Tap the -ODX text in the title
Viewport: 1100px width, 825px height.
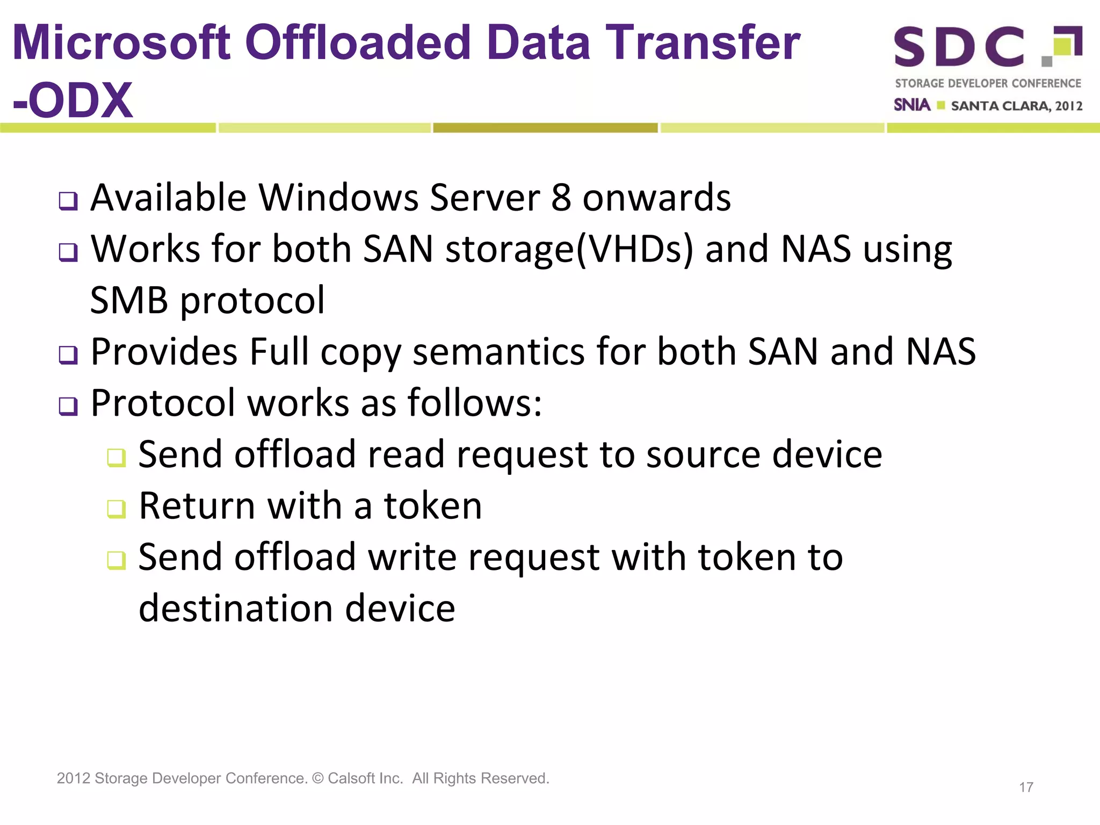coord(73,100)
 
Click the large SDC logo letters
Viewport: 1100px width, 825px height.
coord(959,47)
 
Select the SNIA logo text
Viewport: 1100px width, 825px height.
coord(911,105)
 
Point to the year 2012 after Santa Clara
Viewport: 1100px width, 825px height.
coord(1068,106)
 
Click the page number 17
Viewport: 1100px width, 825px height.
coord(1026,787)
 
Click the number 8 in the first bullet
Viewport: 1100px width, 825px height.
coord(561,198)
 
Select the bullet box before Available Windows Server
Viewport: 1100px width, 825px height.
coord(68,201)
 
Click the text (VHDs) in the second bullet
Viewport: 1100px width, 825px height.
coord(634,249)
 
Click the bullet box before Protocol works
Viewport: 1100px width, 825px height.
coord(68,407)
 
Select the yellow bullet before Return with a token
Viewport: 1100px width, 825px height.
coord(116,509)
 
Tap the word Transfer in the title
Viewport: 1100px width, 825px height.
coord(703,43)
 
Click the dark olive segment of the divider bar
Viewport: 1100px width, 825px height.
coord(545,128)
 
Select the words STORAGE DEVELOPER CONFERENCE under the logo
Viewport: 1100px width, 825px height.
coord(988,83)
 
